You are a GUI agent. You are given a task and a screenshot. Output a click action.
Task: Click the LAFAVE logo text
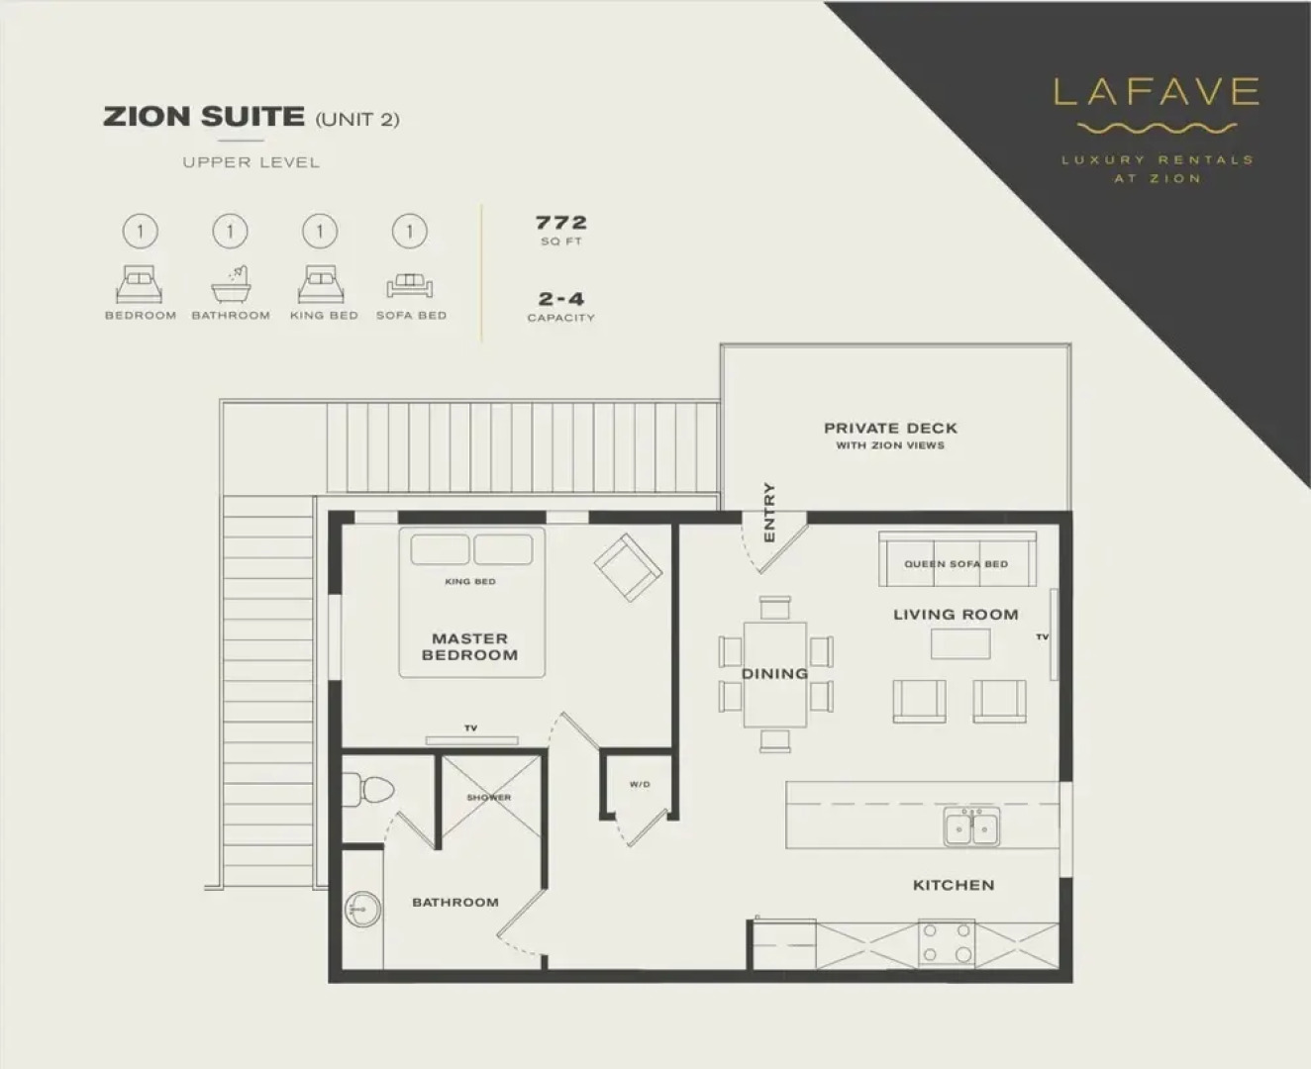1156,92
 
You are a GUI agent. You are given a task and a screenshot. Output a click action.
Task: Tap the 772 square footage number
561,223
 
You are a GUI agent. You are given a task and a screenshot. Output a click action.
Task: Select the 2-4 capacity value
560,298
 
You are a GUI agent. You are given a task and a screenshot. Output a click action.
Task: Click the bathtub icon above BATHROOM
231,285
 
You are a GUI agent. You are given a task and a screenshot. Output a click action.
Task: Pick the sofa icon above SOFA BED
410,286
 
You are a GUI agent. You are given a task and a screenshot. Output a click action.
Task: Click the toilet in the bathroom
371,789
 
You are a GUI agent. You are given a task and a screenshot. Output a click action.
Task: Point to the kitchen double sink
971,826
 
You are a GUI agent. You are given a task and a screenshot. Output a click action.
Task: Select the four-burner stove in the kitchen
947,942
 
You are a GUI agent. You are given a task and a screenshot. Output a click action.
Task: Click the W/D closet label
640,785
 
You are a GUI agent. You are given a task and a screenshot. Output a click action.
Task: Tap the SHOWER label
489,797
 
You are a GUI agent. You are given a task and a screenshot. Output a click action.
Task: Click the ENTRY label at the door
769,512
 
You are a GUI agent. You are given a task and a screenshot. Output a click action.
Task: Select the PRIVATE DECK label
890,429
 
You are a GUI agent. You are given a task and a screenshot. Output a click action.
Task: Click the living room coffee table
959,644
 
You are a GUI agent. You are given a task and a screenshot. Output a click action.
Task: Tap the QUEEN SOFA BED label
956,564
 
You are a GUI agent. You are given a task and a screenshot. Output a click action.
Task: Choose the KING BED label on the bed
470,581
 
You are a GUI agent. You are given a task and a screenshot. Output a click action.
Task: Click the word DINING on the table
774,674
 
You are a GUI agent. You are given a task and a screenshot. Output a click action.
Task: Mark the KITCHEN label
954,885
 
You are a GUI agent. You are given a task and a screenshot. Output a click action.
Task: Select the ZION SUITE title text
204,117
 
